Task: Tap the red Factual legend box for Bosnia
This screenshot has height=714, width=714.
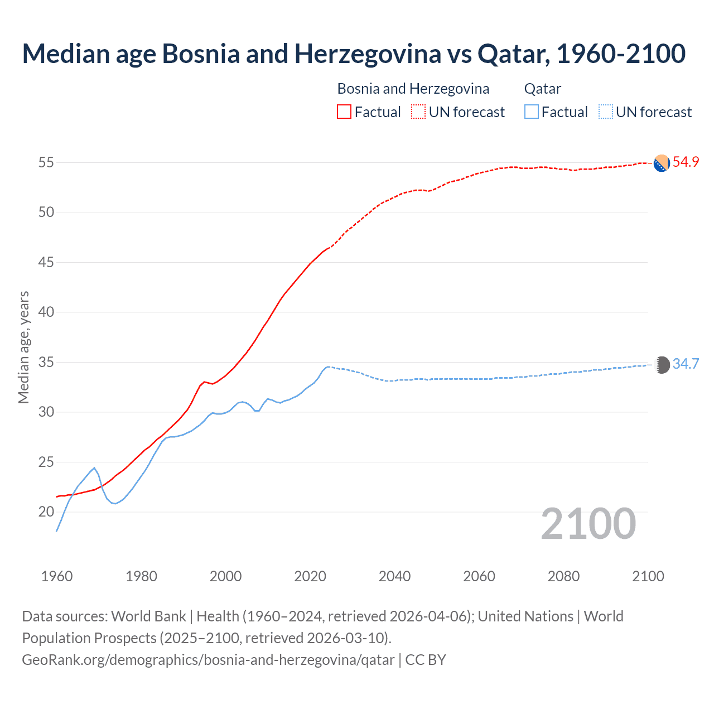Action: [x=344, y=112]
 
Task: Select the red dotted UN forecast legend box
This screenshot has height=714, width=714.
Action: [x=418, y=112]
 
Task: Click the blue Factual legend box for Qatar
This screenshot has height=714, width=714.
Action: [x=532, y=112]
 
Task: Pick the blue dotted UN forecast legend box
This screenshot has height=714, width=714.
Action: [x=605, y=112]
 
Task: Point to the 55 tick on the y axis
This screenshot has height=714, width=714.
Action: [x=46, y=163]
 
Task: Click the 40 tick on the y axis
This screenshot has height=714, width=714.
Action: [x=46, y=312]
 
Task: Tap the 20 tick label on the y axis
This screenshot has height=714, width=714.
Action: [x=46, y=512]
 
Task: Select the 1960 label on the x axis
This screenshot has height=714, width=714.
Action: [x=57, y=576]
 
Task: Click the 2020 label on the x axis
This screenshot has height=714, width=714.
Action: [x=310, y=576]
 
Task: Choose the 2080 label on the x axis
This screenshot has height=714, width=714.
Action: [x=563, y=576]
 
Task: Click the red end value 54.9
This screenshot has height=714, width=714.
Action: [x=686, y=162]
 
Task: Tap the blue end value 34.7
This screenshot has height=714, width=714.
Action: [x=686, y=364]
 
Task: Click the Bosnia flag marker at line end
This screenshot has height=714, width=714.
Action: [x=662, y=163]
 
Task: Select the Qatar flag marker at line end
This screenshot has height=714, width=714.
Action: [x=662, y=365]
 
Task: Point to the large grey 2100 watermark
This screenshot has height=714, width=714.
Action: [x=588, y=523]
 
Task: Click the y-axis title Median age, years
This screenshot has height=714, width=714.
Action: [x=23, y=347]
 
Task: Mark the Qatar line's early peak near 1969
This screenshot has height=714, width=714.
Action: [x=94, y=468]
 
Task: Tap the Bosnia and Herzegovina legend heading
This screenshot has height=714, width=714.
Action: [x=413, y=89]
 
